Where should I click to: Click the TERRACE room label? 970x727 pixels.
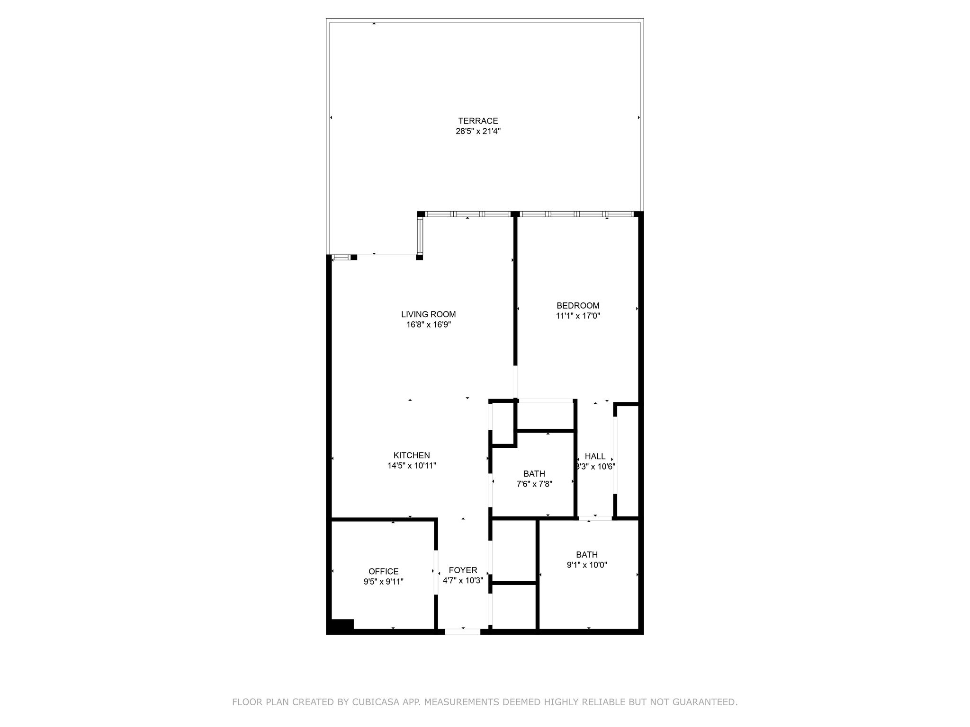pyautogui.click(x=478, y=121)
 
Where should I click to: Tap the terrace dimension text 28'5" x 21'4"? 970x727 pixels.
pyautogui.click(x=478, y=131)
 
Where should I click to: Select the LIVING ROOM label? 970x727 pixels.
pyautogui.click(x=429, y=314)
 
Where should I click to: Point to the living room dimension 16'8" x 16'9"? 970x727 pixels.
pyautogui.click(x=429, y=325)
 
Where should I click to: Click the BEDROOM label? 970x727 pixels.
pyautogui.click(x=578, y=306)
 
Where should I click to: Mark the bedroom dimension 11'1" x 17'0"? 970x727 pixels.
pyautogui.click(x=578, y=316)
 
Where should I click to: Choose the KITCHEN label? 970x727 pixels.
pyautogui.click(x=412, y=455)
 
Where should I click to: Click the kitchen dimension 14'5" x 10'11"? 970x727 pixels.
pyautogui.click(x=412, y=466)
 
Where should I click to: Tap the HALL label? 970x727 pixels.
pyautogui.click(x=595, y=456)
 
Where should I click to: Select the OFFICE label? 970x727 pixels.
pyautogui.click(x=384, y=572)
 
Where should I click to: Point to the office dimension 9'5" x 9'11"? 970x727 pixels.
pyautogui.click(x=384, y=582)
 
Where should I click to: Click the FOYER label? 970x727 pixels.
pyautogui.click(x=463, y=570)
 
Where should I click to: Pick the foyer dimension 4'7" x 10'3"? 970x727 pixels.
pyautogui.click(x=463, y=581)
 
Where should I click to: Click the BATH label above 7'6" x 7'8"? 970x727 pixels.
pyautogui.click(x=534, y=474)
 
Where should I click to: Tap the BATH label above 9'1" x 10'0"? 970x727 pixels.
pyautogui.click(x=587, y=555)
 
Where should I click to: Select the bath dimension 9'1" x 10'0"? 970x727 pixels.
pyautogui.click(x=587, y=565)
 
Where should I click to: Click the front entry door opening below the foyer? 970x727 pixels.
pyautogui.click(x=463, y=631)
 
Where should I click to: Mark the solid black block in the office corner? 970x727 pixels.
pyautogui.click(x=341, y=625)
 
